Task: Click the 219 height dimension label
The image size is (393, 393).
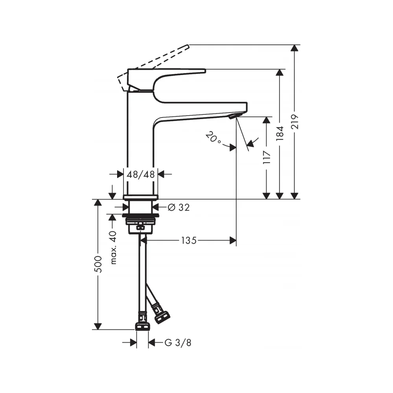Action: pos(295,121)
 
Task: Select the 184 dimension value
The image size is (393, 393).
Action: pos(280,133)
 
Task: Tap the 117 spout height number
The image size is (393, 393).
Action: pos(267,158)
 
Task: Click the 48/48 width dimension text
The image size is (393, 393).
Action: pos(141,174)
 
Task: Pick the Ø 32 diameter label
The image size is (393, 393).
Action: pos(179,207)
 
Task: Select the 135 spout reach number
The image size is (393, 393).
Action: pos(189,241)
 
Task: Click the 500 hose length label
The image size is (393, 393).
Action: pos(98,264)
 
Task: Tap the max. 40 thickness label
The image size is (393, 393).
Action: pos(113,248)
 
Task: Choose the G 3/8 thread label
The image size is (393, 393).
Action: pos(178,343)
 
